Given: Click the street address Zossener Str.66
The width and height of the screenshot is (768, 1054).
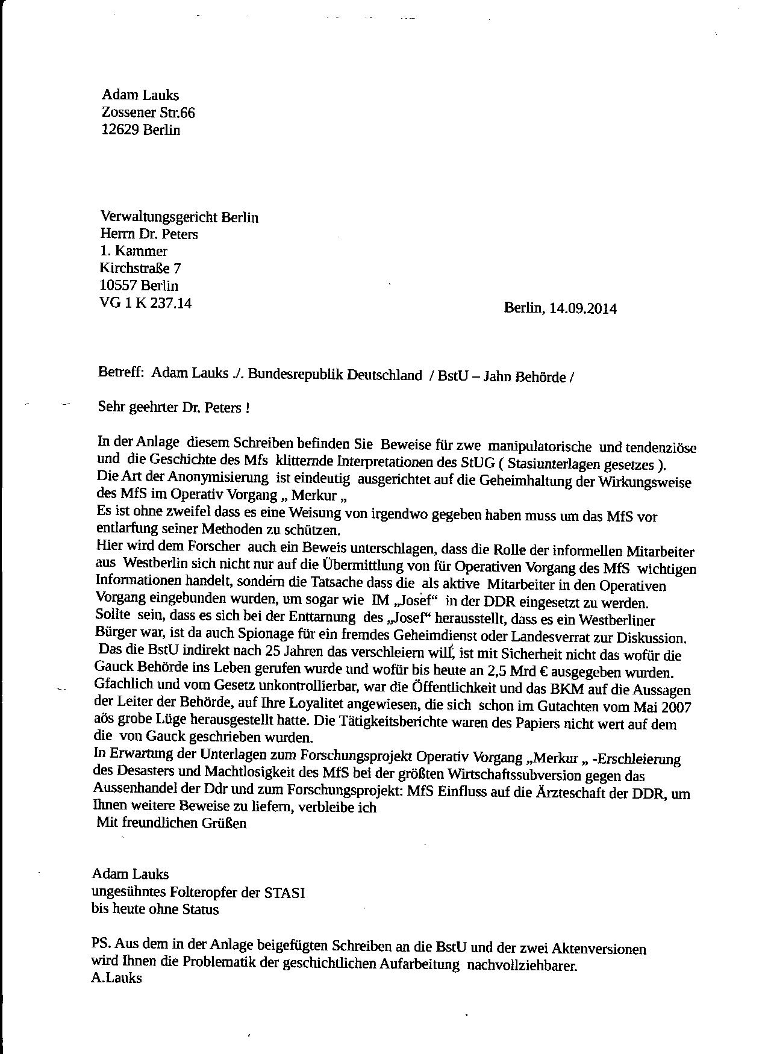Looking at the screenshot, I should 148,113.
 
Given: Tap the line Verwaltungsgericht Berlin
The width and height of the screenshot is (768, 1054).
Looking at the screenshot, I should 179,217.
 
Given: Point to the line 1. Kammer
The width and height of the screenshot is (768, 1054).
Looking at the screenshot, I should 134,251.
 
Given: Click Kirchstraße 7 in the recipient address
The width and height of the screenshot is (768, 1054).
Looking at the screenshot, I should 140,269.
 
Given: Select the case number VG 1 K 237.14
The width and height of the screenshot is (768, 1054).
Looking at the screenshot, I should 146,304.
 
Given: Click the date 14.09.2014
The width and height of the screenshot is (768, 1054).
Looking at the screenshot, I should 583,308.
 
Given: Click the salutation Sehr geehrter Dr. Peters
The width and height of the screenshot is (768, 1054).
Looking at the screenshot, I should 173,408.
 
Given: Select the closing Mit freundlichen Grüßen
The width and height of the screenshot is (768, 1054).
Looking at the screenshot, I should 172,823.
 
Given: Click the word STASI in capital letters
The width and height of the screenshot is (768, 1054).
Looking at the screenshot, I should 284,893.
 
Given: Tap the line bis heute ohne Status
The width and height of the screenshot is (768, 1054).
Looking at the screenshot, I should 155,909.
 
